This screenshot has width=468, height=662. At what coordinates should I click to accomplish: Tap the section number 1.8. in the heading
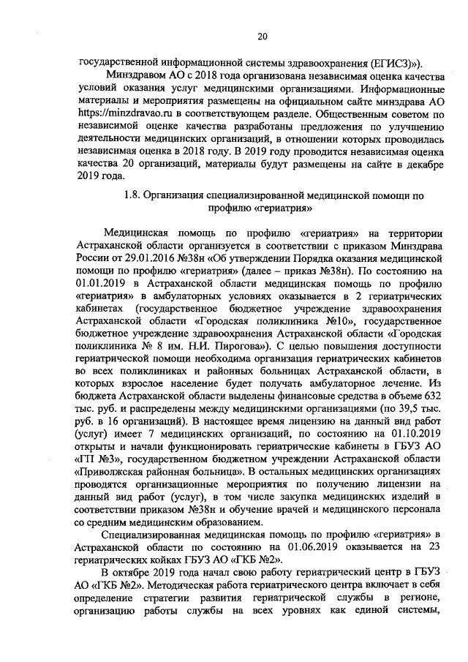(x=132, y=195)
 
